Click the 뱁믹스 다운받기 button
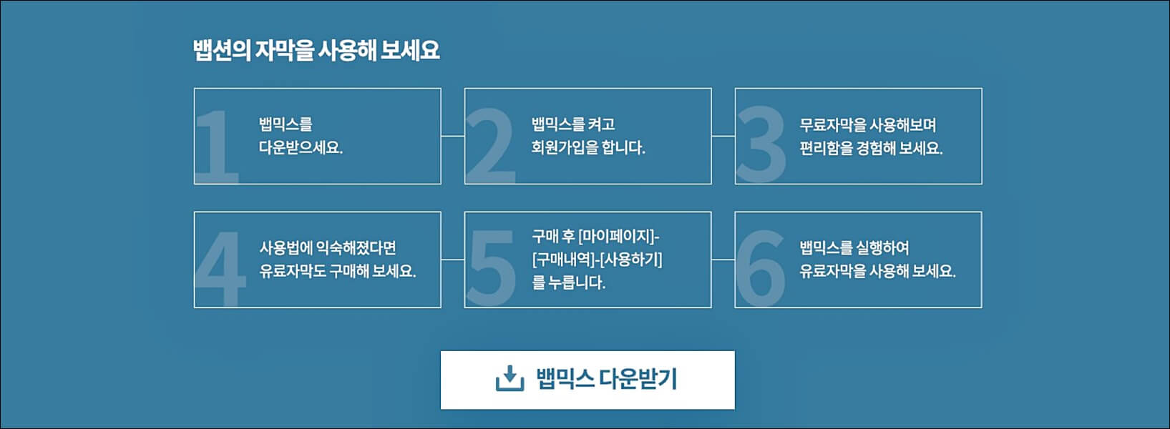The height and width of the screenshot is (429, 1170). click(x=588, y=380)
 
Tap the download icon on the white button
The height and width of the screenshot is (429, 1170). click(x=510, y=379)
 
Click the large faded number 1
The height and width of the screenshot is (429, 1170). click(x=215, y=146)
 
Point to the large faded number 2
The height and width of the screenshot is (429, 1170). click(x=490, y=146)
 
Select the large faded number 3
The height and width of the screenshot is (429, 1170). click(x=761, y=146)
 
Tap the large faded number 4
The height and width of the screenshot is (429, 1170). click(x=220, y=269)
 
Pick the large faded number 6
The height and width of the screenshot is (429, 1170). click(x=760, y=269)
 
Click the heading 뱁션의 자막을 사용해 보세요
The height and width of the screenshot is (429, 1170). click(x=316, y=51)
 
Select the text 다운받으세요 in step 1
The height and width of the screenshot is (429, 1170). click(x=301, y=148)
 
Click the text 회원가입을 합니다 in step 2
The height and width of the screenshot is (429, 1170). click(x=588, y=148)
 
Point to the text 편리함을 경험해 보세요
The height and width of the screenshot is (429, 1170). click(x=871, y=148)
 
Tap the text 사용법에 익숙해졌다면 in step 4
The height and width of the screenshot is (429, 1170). click(x=328, y=248)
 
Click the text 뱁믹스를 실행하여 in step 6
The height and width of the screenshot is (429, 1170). click(x=854, y=248)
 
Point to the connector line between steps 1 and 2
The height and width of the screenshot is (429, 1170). click(x=452, y=136)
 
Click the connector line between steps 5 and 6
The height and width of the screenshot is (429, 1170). click(x=723, y=260)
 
